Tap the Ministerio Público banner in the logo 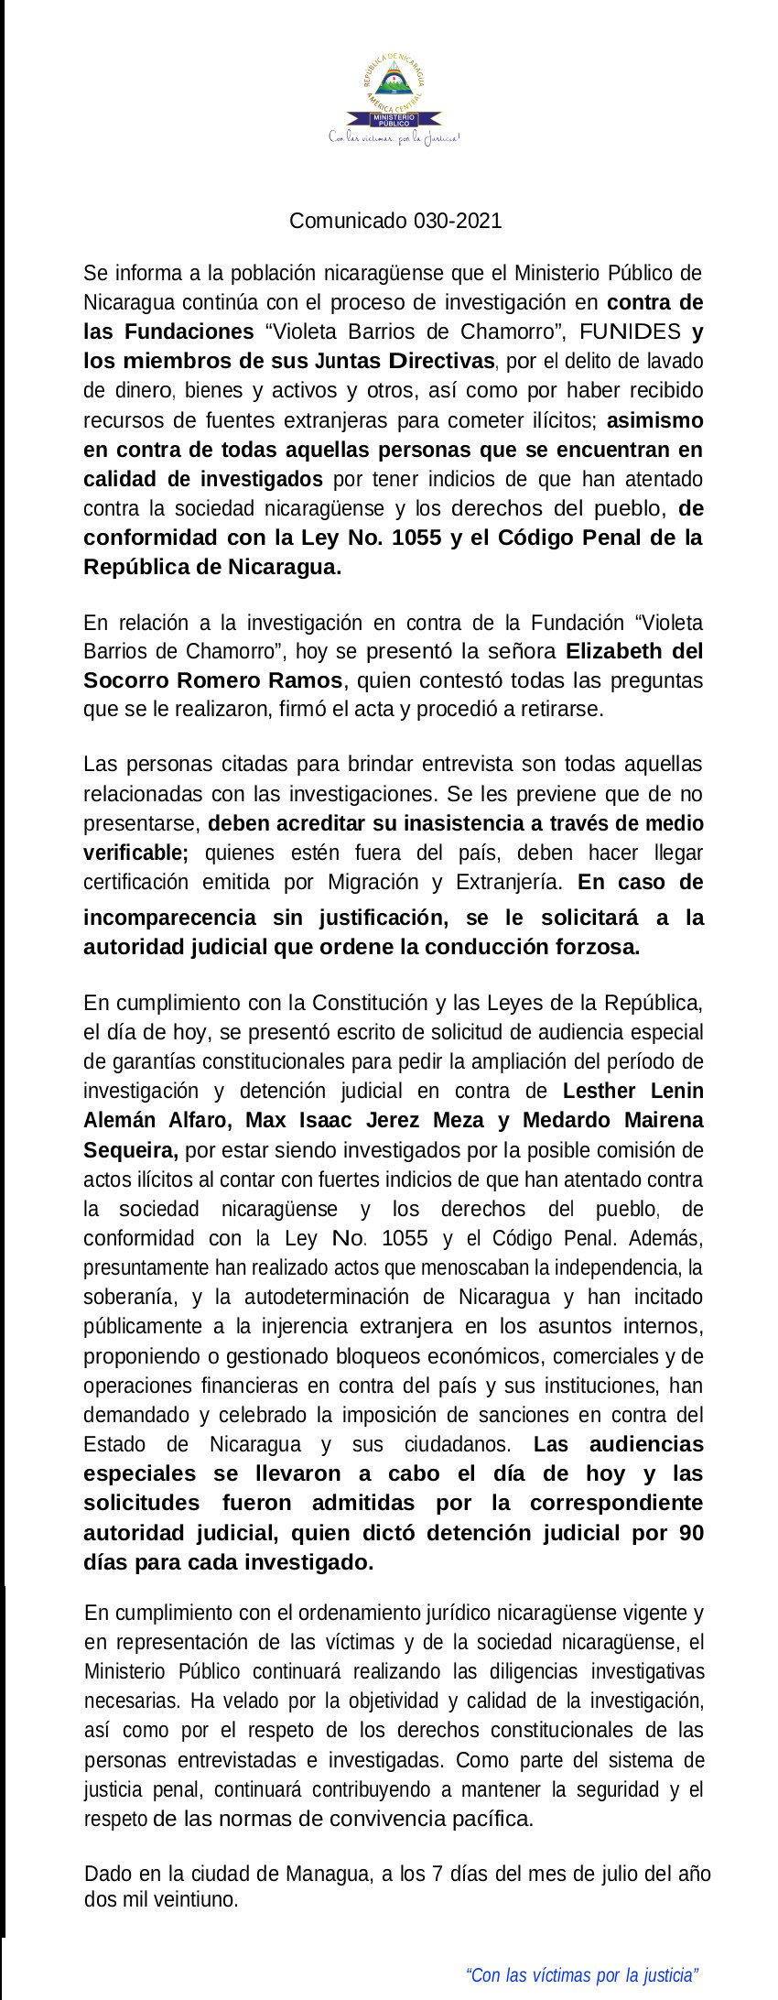(x=394, y=120)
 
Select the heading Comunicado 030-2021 (x=395, y=221)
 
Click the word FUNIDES (x=630, y=332)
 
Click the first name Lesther (x=600, y=1091)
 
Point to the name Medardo (x=564, y=1120)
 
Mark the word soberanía (x=126, y=1298)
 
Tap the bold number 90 (x=691, y=1533)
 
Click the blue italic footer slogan (x=582, y=1975)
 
